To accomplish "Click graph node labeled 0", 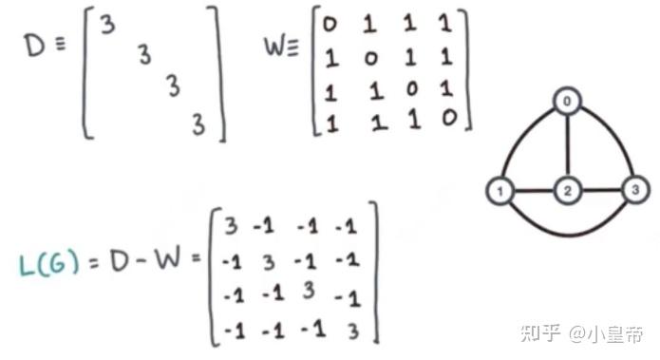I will coord(567,101).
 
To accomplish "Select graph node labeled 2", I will coord(567,192).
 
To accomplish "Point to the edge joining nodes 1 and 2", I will coord(533,192).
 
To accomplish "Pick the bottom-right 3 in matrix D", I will coord(198,123).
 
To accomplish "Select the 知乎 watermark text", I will coord(540,333).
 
